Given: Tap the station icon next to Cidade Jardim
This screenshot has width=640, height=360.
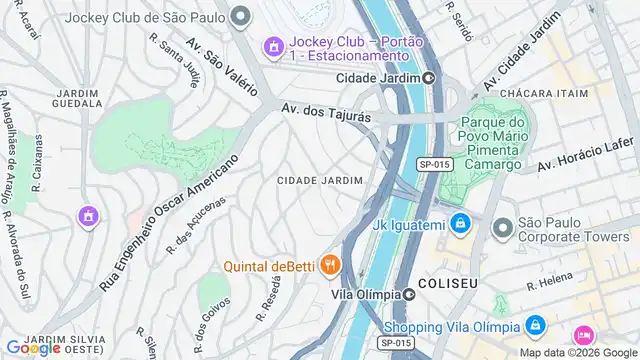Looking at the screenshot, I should (x=428, y=77).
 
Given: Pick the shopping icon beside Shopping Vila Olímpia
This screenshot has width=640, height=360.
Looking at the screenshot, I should (x=536, y=326).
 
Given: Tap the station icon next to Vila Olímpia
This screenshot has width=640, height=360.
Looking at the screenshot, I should (x=409, y=294).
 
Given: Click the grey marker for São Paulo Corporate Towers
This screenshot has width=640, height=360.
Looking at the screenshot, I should (x=501, y=228).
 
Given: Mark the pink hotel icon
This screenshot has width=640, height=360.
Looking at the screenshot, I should (x=581, y=336).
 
